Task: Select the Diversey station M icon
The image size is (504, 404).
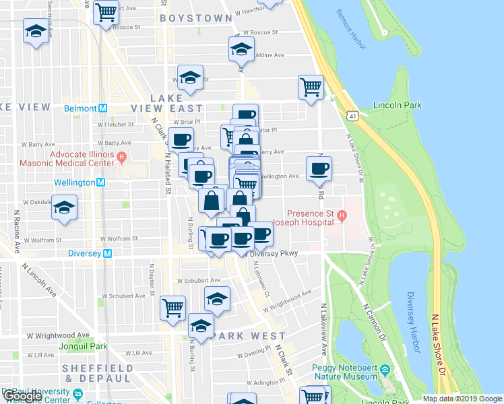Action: click(116, 254)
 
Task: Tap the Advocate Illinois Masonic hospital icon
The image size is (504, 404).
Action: click(121, 158)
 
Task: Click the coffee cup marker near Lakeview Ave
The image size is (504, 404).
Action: click(319, 168)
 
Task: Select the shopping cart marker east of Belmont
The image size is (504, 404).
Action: click(311, 87)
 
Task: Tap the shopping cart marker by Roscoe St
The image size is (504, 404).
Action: click(106, 11)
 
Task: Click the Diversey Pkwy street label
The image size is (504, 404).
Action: click(274, 254)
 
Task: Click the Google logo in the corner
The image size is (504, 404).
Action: click(22, 397)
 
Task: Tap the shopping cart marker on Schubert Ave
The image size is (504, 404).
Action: click(173, 308)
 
